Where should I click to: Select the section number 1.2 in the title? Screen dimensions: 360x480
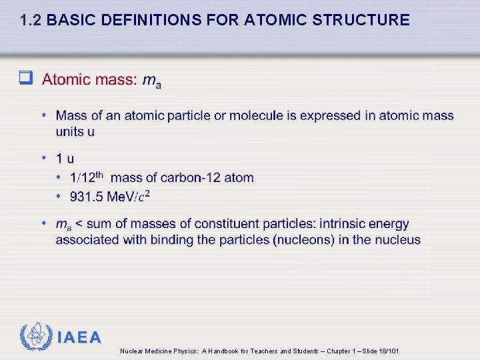tap(31, 21)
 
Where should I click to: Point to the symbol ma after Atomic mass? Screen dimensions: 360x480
tap(151, 81)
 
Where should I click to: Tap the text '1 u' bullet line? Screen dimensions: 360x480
tap(65, 159)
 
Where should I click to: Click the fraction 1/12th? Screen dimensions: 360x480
tap(87, 177)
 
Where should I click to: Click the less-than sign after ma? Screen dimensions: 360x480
tap(78, 224)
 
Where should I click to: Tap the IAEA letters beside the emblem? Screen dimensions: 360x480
tap(79, 337)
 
